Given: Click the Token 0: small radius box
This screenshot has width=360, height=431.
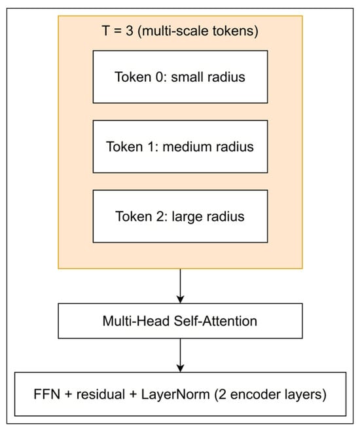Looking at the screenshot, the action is coord(180,77).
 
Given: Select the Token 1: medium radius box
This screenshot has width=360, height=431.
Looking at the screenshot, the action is coord(180,147).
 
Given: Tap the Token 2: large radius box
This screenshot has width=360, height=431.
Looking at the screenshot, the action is coord(180,216).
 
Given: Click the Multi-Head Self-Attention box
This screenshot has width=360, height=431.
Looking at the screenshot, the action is coord(180,321).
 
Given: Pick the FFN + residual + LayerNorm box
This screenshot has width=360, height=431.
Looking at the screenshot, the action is coord(180,394).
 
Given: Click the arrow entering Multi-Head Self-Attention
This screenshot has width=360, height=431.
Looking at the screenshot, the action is coord(180,286).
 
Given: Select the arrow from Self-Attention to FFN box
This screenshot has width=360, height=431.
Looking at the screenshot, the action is coord(180,355).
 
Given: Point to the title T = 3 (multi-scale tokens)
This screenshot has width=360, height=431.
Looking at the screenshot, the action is coord(180,31).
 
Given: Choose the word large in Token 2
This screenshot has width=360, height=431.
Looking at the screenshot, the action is coord(187,217).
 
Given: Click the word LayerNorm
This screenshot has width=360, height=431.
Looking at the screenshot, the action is coord(175,394).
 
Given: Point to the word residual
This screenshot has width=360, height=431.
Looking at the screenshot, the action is coord(101,394).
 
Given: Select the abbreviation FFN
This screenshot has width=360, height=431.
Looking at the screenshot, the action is coord(46,394).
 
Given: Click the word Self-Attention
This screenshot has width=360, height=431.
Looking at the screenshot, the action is coord(215,321).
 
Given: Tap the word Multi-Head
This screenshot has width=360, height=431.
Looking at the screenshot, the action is coord(136,321).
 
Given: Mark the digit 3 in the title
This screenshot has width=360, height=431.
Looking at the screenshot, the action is coord(130,31).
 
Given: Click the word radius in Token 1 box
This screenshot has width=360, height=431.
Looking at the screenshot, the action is coord(234,147).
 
